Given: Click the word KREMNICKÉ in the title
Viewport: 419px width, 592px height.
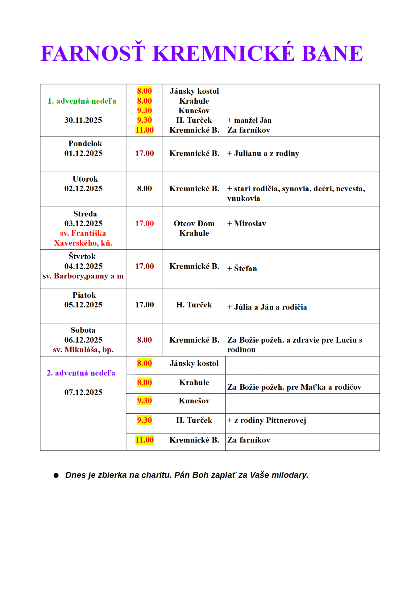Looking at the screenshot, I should (x=224, y=54).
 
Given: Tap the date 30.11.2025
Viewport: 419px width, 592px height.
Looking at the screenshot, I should (x=83, y=120).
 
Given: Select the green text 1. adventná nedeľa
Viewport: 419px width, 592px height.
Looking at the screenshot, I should (x=82, y=101).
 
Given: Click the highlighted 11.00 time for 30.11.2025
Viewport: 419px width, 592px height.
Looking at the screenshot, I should (x=144, y=130).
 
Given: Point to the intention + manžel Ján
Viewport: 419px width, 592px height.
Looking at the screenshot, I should (x=249, y=120).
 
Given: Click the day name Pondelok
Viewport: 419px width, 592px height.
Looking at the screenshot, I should (x=85, y=144).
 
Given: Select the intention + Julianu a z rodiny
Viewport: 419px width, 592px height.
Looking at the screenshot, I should (x=263, y=154).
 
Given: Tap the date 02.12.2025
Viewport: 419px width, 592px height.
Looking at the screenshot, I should (x=83, y=189).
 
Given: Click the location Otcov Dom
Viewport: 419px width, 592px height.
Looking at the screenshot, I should (x=194, y=224).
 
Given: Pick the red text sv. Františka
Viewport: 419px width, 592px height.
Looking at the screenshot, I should (x=83, y=233).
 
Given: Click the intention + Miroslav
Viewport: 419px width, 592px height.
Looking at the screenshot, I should (x=247, y=224).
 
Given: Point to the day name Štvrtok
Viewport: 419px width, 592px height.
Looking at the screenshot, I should (x=82, y=257).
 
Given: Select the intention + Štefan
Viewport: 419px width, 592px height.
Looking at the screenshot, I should (x=242, y=269).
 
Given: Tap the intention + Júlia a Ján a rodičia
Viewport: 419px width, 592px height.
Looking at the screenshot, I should (x=267, y=307).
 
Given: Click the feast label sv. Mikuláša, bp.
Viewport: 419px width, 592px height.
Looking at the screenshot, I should (x=83, y=350).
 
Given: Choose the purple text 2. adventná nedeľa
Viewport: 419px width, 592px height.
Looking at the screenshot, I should (x=81, y=373).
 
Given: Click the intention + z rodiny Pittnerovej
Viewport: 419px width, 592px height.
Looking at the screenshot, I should (x=267, y=421).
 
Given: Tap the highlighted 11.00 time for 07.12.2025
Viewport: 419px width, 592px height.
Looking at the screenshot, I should (x=144, y=440).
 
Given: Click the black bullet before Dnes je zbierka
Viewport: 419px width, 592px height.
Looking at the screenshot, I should (x=56, y=475).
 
